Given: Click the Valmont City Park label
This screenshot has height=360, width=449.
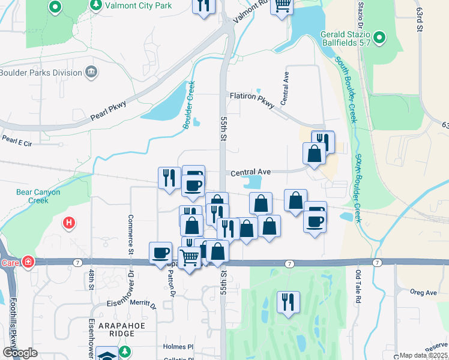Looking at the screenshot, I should point(138,5).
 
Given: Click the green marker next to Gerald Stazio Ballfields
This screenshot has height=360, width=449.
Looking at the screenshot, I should point(379,39).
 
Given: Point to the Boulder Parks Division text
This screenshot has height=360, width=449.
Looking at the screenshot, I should point(41,73).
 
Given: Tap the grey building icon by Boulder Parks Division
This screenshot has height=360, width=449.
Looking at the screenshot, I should point(91,73).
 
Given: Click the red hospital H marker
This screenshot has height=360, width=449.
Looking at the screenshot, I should point(69,223).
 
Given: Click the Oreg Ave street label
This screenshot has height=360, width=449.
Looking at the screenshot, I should point(423,293).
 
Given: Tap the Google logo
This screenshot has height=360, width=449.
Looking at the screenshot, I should point(20,353).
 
